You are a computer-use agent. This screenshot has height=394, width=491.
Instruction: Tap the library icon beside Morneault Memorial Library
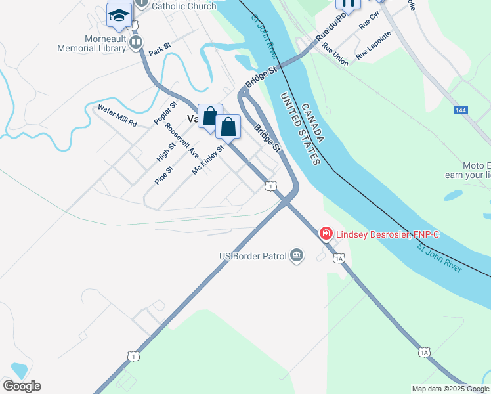tap(136, 43)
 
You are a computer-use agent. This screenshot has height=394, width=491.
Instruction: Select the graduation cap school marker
tap(119, 15)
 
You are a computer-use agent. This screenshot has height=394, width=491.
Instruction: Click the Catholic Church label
tap(184, 6)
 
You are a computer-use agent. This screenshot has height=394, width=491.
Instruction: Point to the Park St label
tap(160, 51)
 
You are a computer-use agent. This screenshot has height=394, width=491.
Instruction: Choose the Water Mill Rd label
tap(117, 115)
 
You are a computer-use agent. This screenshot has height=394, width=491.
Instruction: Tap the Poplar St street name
tap(165, 113)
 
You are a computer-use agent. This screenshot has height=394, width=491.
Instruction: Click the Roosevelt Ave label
tap(182, 141)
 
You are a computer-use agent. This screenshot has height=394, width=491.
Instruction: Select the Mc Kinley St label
tap(208, 160)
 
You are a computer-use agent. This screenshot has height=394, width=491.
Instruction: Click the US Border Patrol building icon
tap(297, 255)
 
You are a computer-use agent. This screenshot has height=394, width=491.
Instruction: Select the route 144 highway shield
tap(461, 110)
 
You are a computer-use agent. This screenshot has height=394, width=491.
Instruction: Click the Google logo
tap(22, 386)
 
